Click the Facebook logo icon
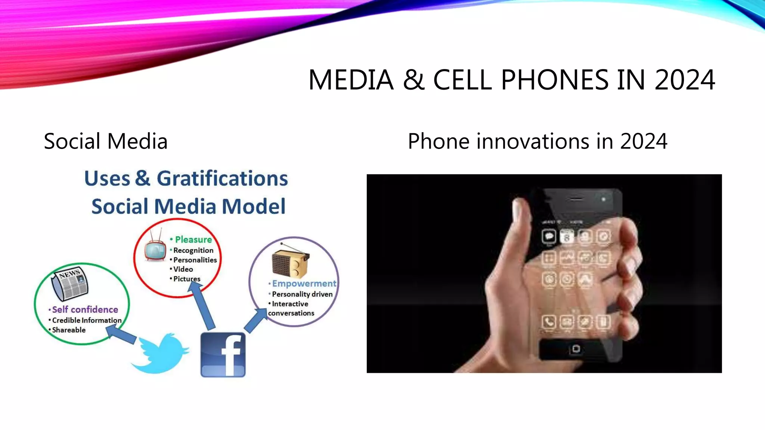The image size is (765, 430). [223, 355]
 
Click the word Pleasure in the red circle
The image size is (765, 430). [193, 240]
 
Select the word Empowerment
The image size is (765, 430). [304, 284]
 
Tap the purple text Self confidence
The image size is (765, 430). [85, 309]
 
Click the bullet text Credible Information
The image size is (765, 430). [87, 320]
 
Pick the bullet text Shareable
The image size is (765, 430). [69, 330]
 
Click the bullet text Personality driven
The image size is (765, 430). [302, 294]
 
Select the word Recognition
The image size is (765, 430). [193, 250]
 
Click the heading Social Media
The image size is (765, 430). [106, 141]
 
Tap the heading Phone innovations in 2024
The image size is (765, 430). [537, 141]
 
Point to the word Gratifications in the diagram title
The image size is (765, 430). [222, 178]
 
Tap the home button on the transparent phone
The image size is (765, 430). [576, 349]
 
